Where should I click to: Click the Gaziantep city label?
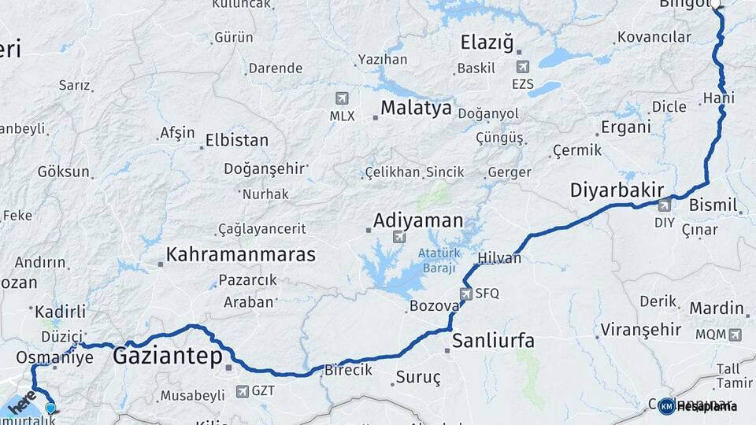(x=167, y=356)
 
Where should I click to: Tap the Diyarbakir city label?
(x=617, y=190)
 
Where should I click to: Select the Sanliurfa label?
(x=494, y=341)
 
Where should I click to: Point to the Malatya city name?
(x=416, y=108)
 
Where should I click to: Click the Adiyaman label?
(x=417, y=220)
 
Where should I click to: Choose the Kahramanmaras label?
(x=241, y=255)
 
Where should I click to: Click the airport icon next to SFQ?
(x=465, y=294)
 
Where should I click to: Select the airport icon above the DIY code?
(x=665, y=205)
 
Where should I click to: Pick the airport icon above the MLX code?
(x=342, y=98)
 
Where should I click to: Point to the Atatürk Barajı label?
(x=437, y=261)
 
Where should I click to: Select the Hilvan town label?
(x=499, y=258)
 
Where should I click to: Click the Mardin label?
(x=717, y=309)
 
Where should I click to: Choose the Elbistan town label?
(x=236, y=141)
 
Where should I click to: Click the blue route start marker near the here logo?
(x=51, y=408)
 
